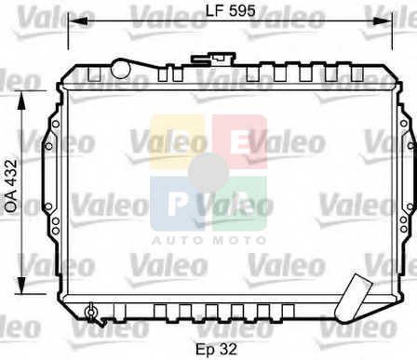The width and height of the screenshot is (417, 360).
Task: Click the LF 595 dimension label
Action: [231, 11]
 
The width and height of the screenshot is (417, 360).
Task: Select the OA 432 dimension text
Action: [12, 186]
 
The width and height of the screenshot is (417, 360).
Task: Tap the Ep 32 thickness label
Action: [216, 349]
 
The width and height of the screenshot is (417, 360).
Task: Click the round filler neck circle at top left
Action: [120, 69]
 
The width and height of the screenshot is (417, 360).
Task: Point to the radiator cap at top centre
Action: [213, 59]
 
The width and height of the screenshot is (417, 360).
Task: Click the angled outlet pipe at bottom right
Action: [354, 297]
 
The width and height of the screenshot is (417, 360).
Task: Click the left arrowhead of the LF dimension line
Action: [77, 20]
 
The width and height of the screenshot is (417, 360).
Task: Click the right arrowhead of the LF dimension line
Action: [383, 20]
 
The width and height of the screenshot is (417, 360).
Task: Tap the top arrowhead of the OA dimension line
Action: [21, 100]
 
